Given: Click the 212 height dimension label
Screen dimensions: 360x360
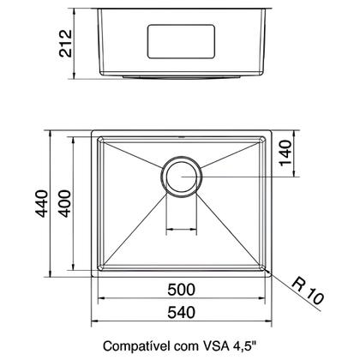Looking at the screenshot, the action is (66, 43).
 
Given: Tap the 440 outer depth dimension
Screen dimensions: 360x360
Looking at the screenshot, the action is (42, 204).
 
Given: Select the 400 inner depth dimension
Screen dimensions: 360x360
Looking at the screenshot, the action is (64, 204).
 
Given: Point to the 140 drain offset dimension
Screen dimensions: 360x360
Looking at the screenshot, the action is (285, 153).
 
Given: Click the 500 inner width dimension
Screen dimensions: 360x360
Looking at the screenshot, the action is (182, 290).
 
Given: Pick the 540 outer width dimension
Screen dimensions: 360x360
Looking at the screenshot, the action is (182, 312).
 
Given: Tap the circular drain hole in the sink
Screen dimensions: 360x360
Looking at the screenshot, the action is (182, 177).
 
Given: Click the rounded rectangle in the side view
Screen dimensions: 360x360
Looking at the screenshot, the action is (181, 42).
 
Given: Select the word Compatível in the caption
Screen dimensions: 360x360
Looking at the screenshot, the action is (135, 346).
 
